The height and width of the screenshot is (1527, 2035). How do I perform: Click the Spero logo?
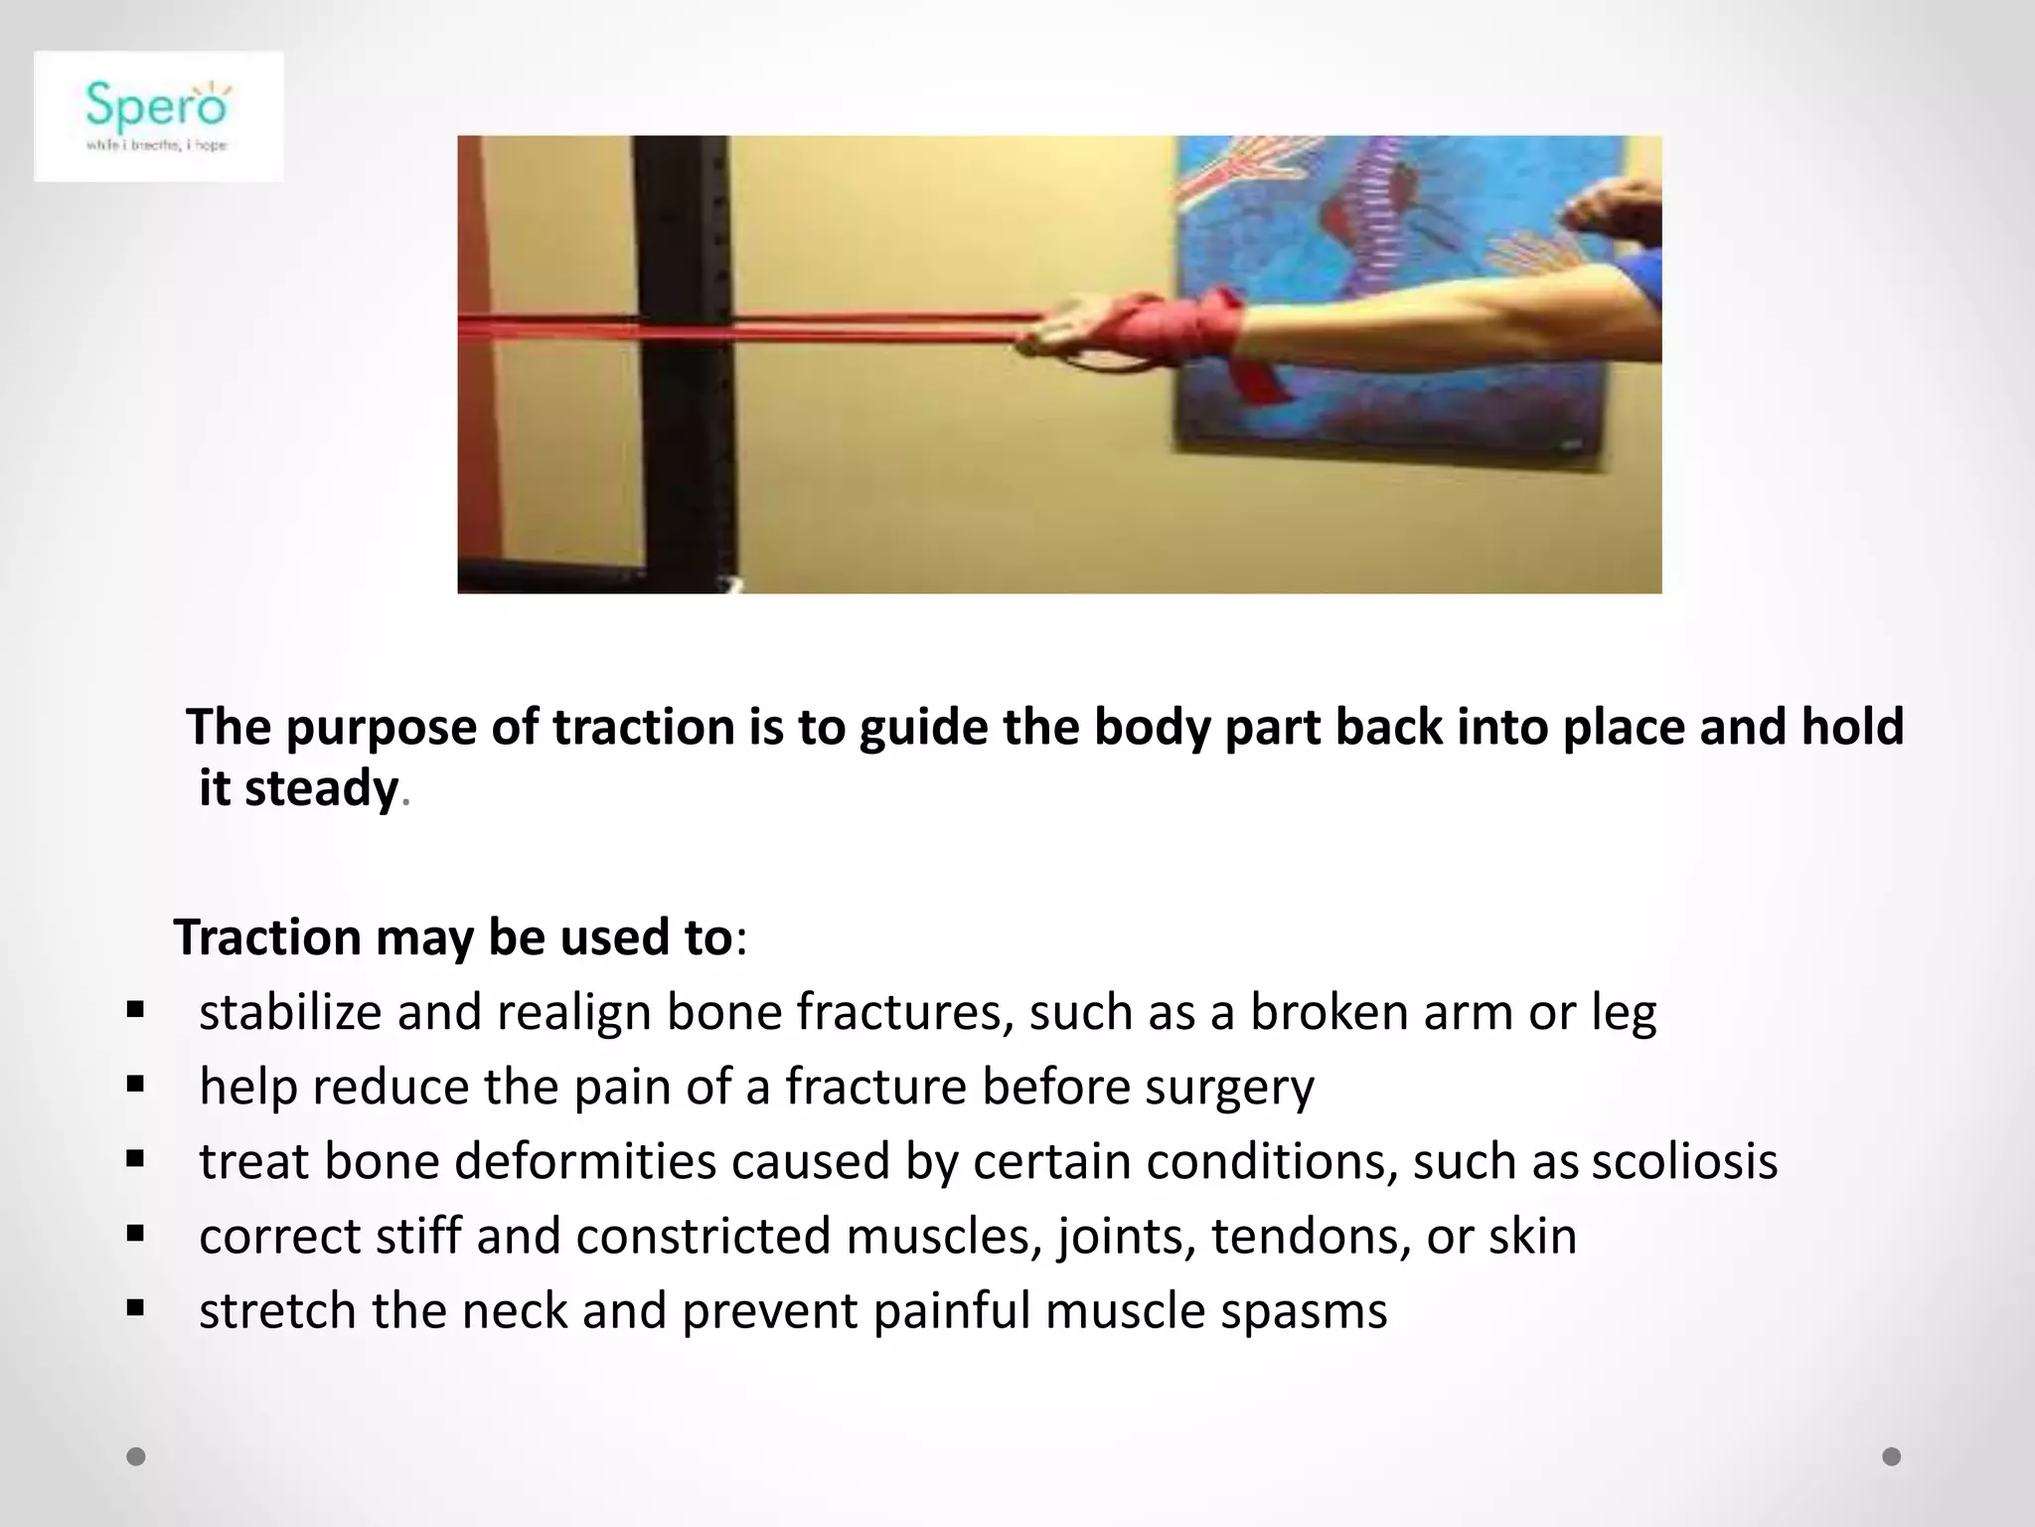pyautogui.click(x=158, y=115)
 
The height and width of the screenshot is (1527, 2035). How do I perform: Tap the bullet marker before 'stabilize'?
pyautogui.click(x=136, y=1011)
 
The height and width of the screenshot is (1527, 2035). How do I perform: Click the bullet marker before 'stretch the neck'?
pyautogui.click(x=136, y=1309)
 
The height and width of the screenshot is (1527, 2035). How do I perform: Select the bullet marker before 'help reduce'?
pyautogui.click(x=136, y=1086)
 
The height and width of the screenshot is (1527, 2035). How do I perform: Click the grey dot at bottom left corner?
pyautogui.click(x=136, y=1456)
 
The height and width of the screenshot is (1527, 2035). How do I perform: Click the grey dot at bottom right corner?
pyautogui.click(x=1892, y=1456)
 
